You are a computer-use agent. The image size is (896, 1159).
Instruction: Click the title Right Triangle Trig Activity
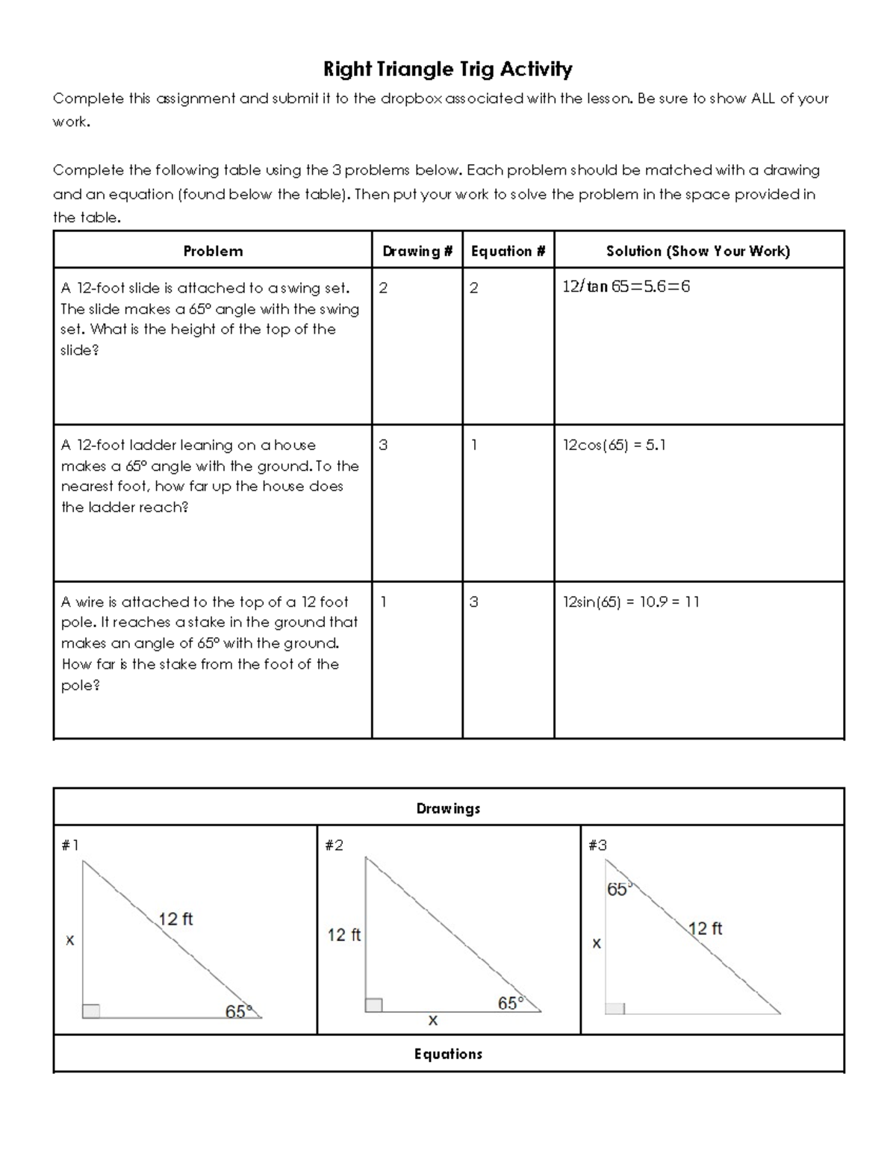(447, 69)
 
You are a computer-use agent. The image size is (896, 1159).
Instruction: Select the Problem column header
(213, 251)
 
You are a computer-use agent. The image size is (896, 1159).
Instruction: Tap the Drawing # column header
(417, 251)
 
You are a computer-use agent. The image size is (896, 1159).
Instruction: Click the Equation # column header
(508, 251)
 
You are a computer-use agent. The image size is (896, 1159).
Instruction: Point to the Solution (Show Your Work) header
(698, 251)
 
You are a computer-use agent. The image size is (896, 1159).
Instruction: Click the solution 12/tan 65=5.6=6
(626, 287)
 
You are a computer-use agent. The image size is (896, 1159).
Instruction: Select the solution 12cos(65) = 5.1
(614, 445)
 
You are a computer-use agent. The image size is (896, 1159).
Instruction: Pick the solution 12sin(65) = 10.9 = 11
(631, 602)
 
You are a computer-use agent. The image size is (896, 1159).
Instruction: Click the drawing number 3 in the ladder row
(383, 445)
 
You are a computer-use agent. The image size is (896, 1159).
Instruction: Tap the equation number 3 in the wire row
(473, 602)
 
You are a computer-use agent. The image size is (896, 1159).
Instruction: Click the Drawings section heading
(448, 808)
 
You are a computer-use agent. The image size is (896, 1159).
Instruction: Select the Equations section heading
(448, 1054)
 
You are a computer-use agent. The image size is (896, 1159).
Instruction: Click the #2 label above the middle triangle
(334, 845)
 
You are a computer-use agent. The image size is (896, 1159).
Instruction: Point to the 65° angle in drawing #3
(619, 889)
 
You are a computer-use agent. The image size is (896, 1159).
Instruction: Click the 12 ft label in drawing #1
(175, 919)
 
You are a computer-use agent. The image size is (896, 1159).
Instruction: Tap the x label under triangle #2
(432, 1020)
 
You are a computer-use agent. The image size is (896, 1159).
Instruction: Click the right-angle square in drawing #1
(91, 1010)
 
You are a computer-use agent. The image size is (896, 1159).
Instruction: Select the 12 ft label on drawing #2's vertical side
(343, 934)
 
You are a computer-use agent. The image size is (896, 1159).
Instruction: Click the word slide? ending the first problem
(80, 350)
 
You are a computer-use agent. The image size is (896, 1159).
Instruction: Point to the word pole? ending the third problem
(80, 685)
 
